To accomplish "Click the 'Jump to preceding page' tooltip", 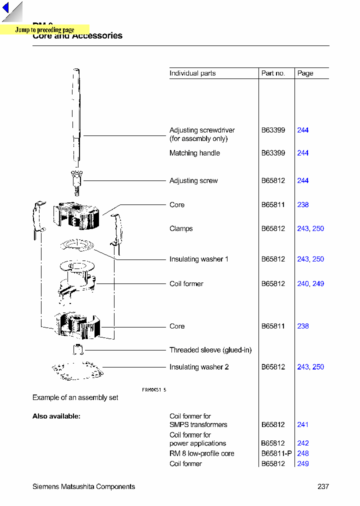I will click(44, 30).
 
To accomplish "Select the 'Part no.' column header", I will click(273, 73).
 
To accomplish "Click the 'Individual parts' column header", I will click(192, 73).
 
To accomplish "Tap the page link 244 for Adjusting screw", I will click(302, 180).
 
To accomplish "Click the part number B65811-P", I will click(276, 453).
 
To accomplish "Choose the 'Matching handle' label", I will click(194, 153).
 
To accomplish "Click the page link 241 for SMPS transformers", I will click(302, 424).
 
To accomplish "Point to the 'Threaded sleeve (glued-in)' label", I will click(210, 350).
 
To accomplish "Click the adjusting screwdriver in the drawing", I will click(76, 115).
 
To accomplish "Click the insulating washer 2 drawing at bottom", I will click(77, 371).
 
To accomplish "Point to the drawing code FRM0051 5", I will click(154, 389).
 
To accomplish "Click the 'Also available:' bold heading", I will click(56, 416).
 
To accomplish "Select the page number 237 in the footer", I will click(323, 486).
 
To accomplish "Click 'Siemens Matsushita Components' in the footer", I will click(83, 486).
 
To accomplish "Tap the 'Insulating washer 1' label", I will click(198, 259).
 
